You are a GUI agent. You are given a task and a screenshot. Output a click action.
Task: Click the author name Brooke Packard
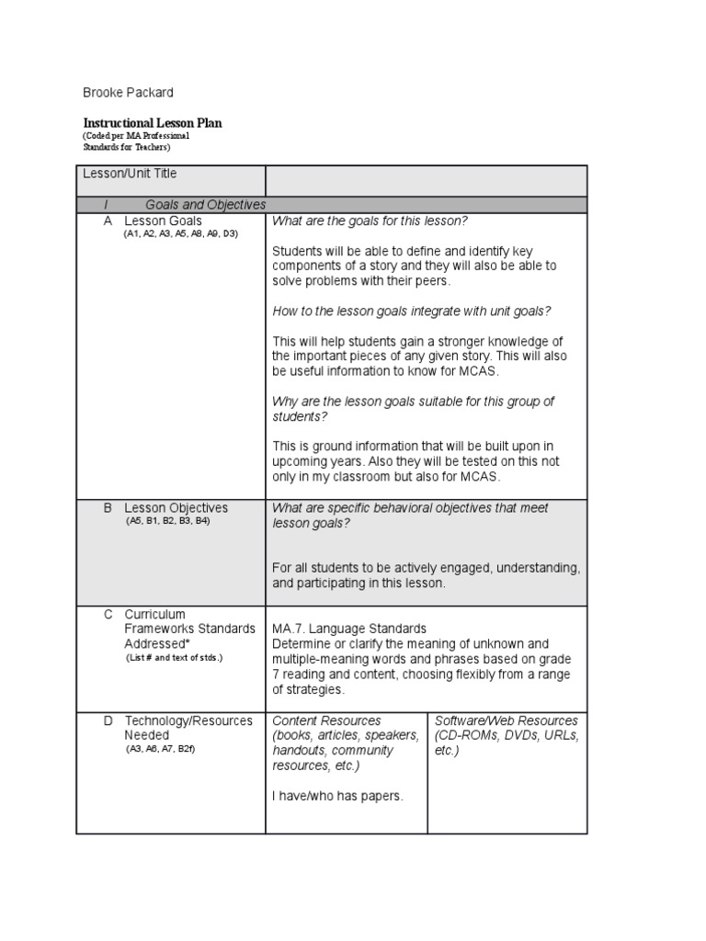pos(128,93)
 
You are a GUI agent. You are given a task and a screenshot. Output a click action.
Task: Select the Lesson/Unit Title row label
pos(130,174)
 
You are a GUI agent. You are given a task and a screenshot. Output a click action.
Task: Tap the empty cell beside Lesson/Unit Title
pos(426,181)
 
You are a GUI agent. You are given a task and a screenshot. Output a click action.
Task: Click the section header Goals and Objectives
pos(205,205)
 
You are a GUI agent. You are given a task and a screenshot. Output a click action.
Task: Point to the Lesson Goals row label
pos(163,221)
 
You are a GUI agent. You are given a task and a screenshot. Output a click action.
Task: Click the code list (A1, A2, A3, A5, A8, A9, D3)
pos(181,234)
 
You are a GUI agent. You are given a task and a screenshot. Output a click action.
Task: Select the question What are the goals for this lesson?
pos(370,221)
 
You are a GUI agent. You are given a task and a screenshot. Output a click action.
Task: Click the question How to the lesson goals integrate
pos(411,311)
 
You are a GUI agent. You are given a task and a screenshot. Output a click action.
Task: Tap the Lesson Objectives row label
pos(176,508)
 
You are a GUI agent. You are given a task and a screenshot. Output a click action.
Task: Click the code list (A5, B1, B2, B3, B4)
pos(168,521)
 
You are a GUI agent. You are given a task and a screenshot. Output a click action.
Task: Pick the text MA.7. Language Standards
pos(348,629)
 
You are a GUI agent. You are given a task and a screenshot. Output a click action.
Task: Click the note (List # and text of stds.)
pos(174,658)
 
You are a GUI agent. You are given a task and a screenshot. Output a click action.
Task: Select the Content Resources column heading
pos(326,721)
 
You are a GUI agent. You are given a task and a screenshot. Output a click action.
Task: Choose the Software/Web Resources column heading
pos(506,721)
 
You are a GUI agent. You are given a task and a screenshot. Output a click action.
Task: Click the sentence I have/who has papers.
pos(337,796)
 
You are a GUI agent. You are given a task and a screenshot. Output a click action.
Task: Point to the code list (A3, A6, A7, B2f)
pos(161,749)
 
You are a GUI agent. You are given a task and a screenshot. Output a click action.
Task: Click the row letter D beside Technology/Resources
pos(108,721)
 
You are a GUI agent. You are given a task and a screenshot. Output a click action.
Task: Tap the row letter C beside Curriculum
pos(108,615)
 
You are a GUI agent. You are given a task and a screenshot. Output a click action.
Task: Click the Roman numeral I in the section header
pos(107,205)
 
